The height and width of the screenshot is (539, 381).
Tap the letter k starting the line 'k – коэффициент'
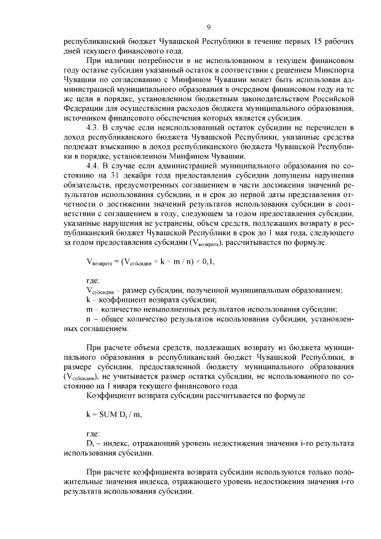(x=89, y=300)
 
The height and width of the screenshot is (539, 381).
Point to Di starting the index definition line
(x=90, y=444)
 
